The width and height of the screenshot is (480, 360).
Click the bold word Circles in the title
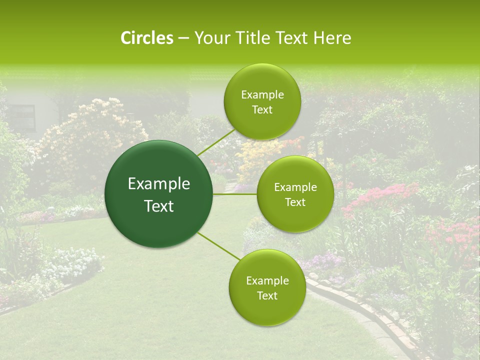(146, 38)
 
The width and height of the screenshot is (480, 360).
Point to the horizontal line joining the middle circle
(235, 194)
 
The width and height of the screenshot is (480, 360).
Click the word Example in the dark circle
(159, 184)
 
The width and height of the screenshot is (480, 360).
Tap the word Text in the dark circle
(159, 206)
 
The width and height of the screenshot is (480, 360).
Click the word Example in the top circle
(262, 95)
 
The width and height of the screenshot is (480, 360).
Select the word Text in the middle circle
(295, 202)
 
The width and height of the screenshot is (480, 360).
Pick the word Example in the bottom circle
(267, 280)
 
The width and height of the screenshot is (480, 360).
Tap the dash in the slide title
(183, 38)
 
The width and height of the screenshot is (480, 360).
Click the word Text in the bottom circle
(267, 295)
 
